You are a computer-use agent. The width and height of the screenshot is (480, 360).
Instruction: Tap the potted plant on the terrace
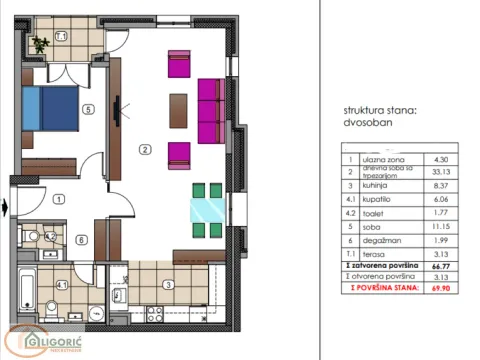40,44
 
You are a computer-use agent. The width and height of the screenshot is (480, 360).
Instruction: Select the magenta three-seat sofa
210,111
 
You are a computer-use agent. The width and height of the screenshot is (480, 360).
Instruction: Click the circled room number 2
145,151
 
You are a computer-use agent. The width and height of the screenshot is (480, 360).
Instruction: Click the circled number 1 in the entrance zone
59,199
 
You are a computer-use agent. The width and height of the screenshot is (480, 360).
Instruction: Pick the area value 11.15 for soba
438,227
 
